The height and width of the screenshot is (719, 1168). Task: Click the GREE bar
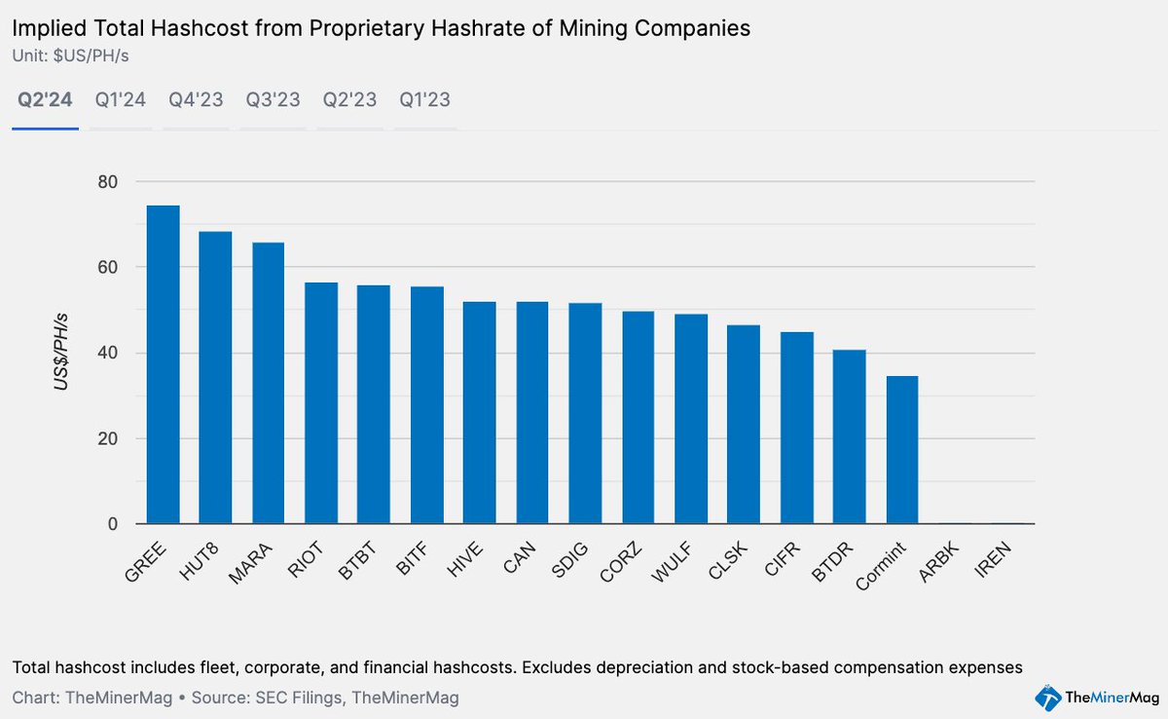(163, 365)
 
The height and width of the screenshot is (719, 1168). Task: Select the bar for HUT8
(215, 378)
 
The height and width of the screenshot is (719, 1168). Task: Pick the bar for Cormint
(901, 450)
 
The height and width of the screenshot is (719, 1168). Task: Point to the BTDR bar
(849, 437)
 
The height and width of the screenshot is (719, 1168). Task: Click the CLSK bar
(744, 425)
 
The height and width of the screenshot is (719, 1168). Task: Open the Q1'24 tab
(121, 99)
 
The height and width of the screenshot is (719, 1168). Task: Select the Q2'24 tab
(45, 99)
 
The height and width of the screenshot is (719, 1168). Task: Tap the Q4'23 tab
(196, 99)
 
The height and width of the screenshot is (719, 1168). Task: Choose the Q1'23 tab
(424, 99)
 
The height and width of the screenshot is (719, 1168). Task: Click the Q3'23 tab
(273, 99)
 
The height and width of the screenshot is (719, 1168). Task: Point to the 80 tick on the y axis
(107, 182)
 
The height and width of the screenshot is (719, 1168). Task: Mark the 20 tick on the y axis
(107, 438)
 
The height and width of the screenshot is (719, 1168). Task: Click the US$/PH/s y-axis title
(61, 353)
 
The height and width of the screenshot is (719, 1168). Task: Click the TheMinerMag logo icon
(1047, 698)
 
